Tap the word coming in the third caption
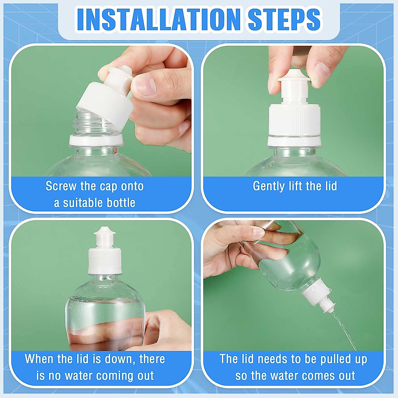114,376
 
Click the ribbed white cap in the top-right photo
295,119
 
